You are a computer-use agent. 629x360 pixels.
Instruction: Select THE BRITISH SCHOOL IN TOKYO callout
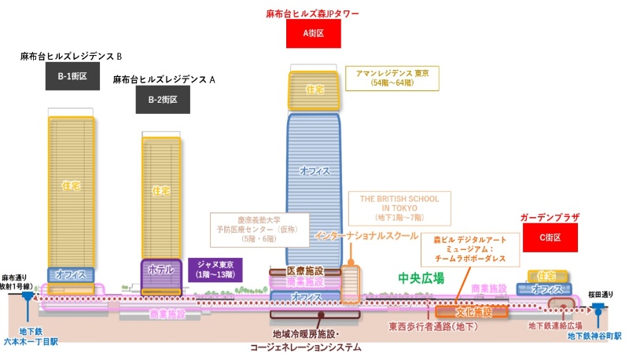point(399,207)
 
